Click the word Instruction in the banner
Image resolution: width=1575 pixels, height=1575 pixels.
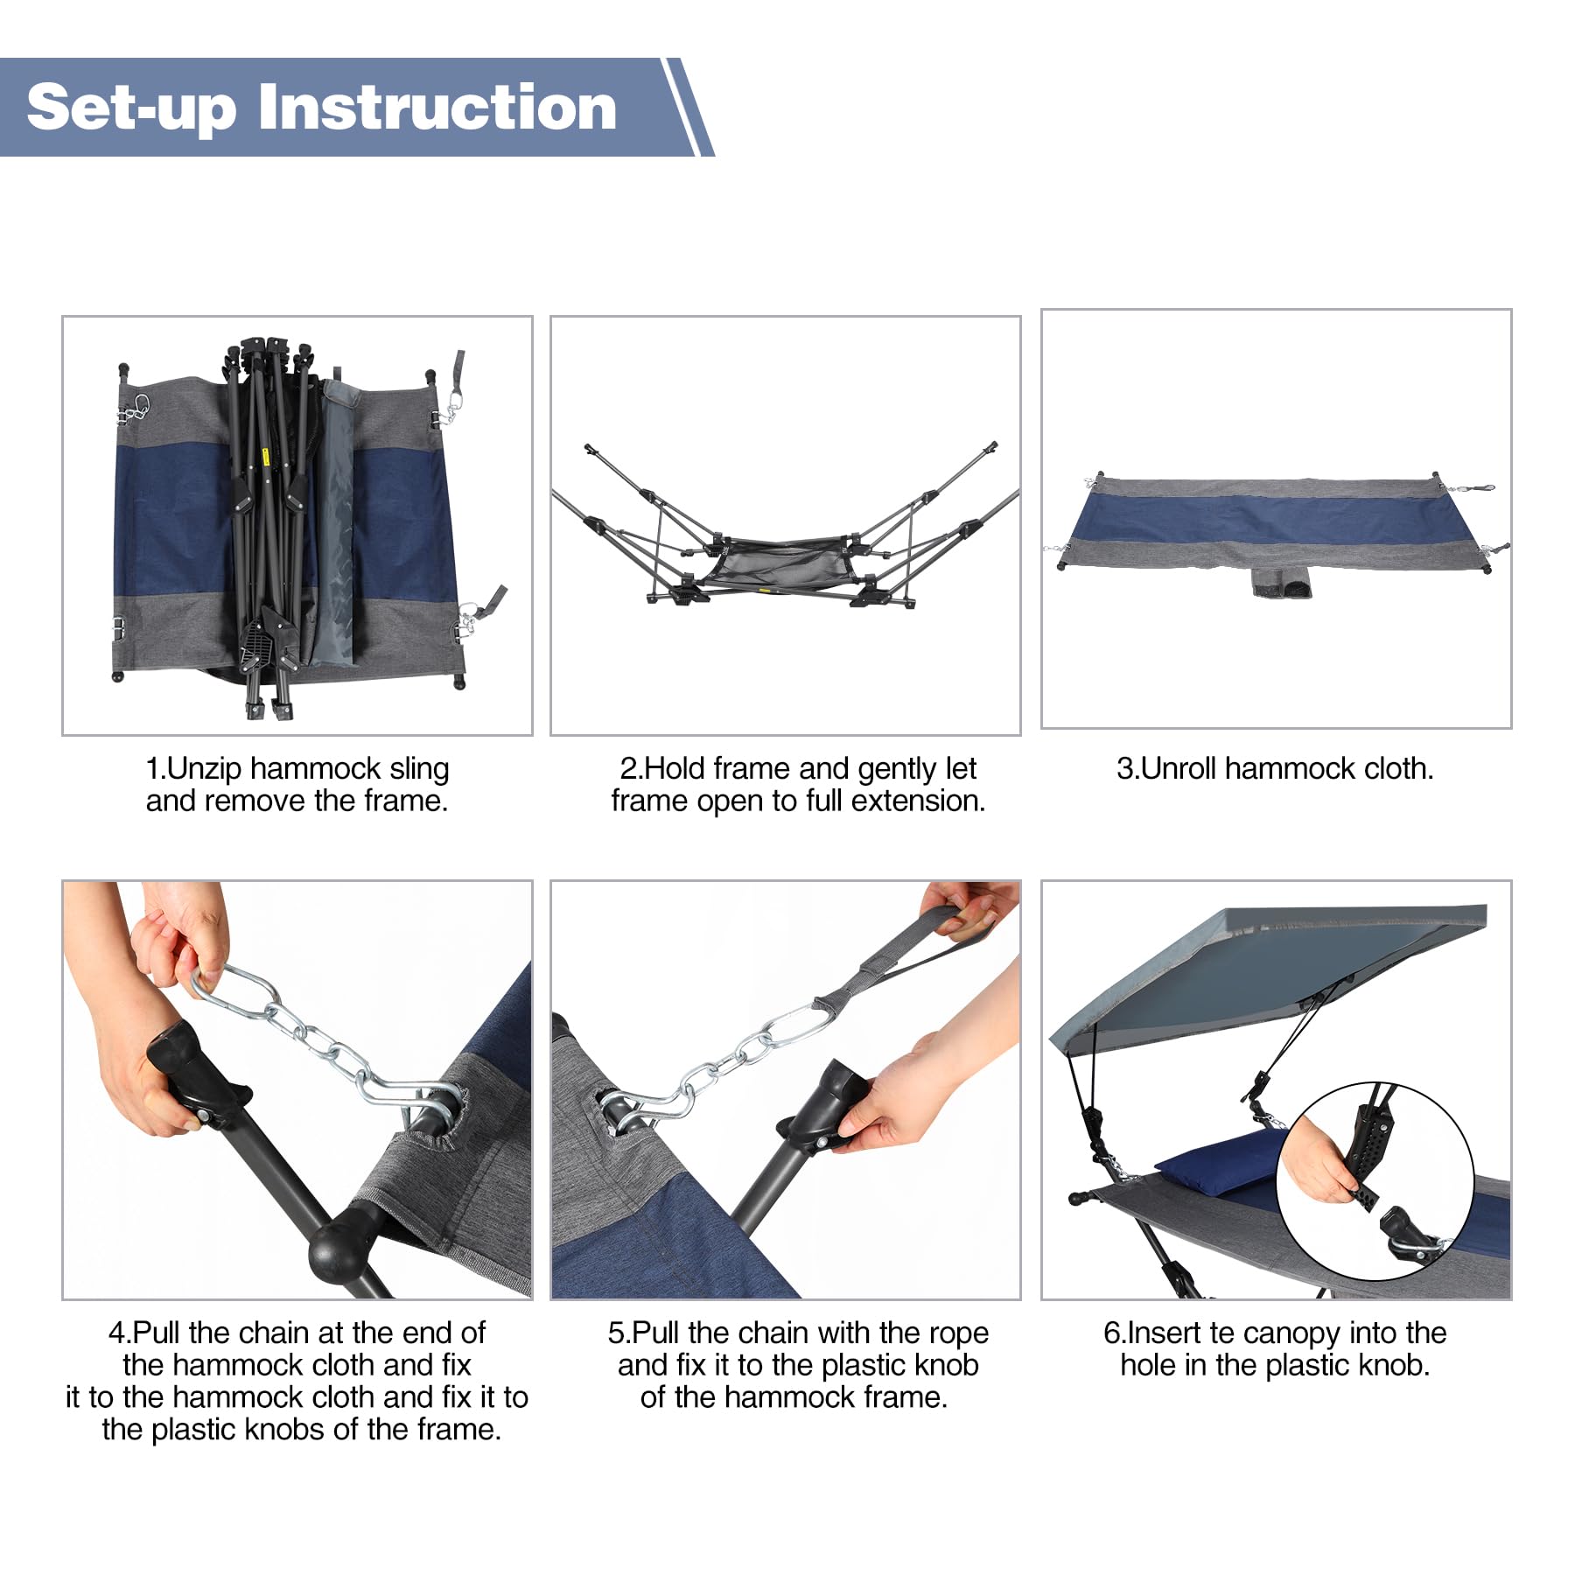coord(437,108)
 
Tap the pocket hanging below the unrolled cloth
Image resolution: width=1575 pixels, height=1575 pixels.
coord(1282,582)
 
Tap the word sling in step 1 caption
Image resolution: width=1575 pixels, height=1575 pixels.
coord(419,769)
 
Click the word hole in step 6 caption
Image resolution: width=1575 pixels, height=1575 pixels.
coord(1148,1365)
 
